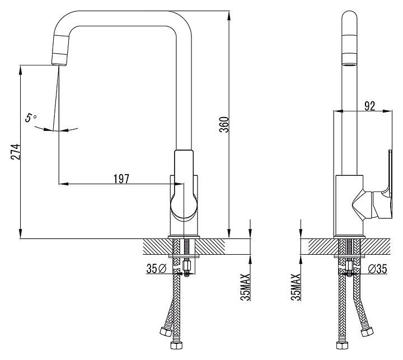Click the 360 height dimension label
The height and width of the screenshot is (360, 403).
(224, 125)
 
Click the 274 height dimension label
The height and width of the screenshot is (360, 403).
(15, 152)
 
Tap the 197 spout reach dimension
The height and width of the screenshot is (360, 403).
(121, 179)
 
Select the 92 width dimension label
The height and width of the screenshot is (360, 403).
(369, 106)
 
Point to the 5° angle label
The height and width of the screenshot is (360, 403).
(31, 118)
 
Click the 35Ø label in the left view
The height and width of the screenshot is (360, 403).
(157, 269)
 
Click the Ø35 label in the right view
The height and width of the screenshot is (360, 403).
(377, 269)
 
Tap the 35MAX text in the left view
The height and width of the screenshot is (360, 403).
(245, 287)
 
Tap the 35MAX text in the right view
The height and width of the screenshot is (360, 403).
(296, 287)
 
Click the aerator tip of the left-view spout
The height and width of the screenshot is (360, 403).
(60, 59)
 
